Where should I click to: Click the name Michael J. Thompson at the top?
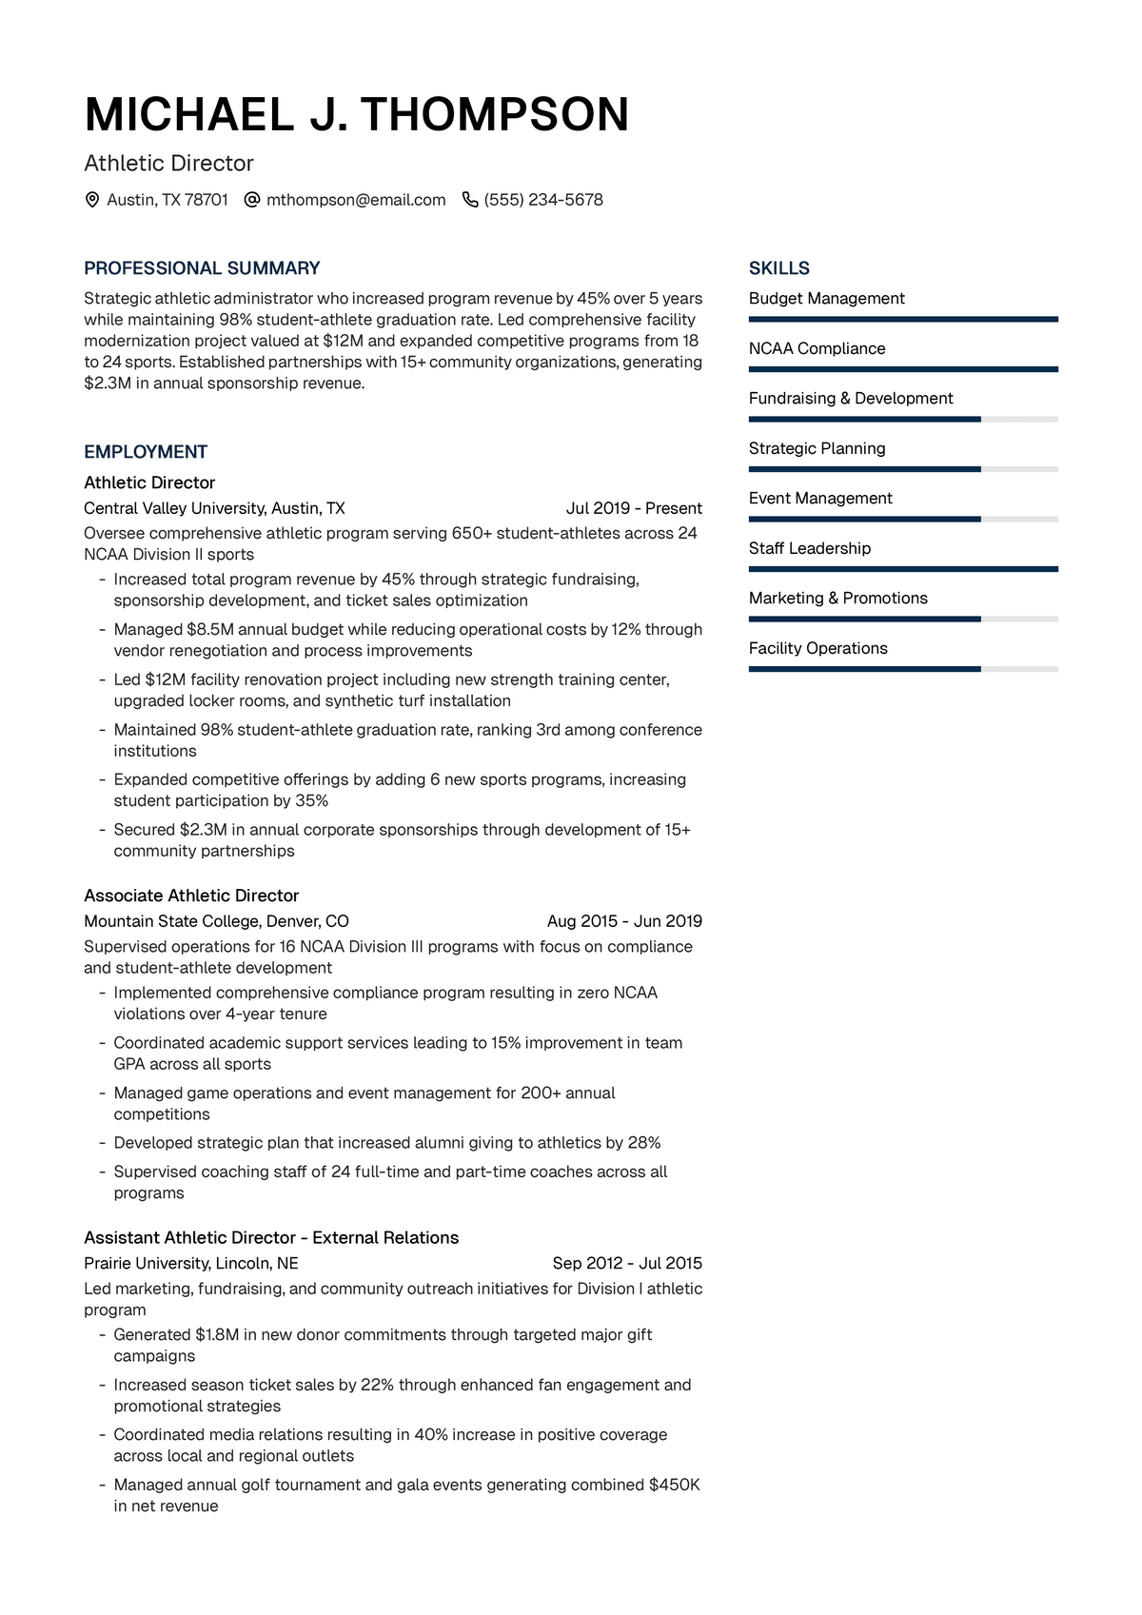[357, 115]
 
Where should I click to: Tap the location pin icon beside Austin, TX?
[92, 200]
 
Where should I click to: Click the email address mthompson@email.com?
[356, 200]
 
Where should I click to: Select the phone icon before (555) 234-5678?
[469, 200]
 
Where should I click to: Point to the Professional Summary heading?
[202, 268]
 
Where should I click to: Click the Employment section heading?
[146, 452]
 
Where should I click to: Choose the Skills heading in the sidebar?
[778, 268]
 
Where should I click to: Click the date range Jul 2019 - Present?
[634, 508]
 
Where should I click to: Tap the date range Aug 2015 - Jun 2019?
[624, 921]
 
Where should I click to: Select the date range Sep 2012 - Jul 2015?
[627, 1263]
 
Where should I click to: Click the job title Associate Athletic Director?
[191, 896]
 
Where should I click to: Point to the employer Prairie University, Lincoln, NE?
[191, 1263]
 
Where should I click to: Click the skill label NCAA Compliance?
[817, 348]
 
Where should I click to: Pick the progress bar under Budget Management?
[903, 319]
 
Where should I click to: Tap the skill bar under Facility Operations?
[903, 669]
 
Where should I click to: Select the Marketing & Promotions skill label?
[837, 598]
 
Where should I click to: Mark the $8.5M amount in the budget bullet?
[210, 629]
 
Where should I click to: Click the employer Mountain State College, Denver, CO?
[216, 921]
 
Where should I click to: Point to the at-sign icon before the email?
[252, 200]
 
